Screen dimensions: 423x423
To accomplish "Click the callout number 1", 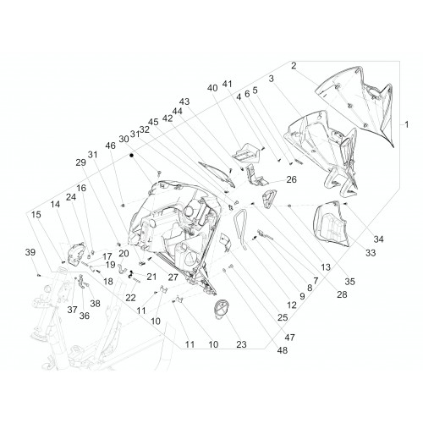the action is (406, 124).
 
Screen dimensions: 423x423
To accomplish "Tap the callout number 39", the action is (30, 252).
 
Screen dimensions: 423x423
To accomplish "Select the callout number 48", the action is (283, 350).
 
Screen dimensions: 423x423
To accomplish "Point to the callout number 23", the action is (241, 344).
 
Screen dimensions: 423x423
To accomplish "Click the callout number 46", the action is (110, 146).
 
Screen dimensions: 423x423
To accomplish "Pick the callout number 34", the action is (379, 239).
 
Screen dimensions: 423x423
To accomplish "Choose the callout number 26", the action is (292, 179).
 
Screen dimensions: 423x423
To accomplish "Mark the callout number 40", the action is (212, 88).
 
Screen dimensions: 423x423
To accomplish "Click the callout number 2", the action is (294, 66).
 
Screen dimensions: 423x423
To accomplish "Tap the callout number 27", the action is (173, 277).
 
